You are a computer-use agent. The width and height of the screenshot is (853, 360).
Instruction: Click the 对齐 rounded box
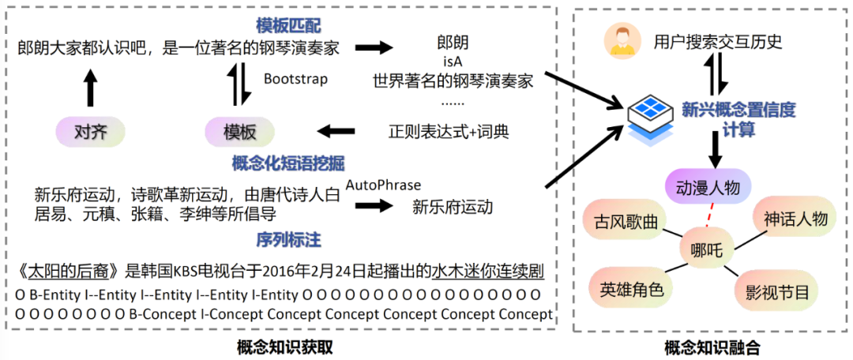[90, 130]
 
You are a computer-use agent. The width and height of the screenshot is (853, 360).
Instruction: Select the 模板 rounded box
[239, 130]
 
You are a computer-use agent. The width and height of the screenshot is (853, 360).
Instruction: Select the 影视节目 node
[777, 291]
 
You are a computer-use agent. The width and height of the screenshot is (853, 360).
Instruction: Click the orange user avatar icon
[622, 41]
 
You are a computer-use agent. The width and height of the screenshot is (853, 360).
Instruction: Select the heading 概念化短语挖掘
[287, 163]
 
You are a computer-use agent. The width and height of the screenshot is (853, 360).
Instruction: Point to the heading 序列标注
[287, 238]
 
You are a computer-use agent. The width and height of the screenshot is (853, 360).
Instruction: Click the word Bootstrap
[295, 79]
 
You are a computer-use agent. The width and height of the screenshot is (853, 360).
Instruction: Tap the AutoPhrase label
[383, 184]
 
